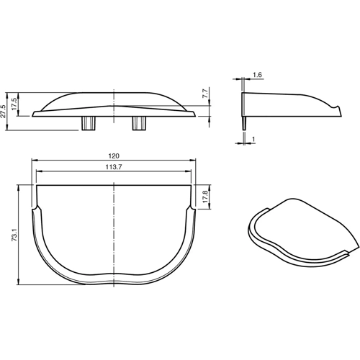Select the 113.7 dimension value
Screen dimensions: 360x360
(x=114, y=166)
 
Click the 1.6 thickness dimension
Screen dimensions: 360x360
(x=258, y=73)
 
